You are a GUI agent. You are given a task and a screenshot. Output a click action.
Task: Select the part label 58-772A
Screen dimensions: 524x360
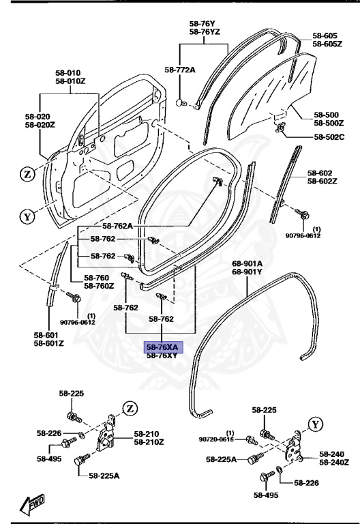(x=180, y=70)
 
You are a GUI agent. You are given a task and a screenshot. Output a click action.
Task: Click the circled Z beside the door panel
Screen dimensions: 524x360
(x=27, y=174)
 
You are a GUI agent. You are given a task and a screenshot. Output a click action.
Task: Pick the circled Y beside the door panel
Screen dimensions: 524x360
(x=27, y=218)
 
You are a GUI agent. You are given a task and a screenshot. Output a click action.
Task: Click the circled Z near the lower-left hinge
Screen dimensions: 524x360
(x=129, y=409)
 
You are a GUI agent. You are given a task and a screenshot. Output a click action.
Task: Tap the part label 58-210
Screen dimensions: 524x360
(x=147, y=434)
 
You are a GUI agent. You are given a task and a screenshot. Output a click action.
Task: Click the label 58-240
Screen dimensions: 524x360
(x=333, y=454)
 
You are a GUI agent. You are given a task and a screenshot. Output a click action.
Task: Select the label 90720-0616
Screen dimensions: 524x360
(x=217, y=439)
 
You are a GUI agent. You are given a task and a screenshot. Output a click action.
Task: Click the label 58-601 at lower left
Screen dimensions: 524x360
(x=46, y=335)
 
